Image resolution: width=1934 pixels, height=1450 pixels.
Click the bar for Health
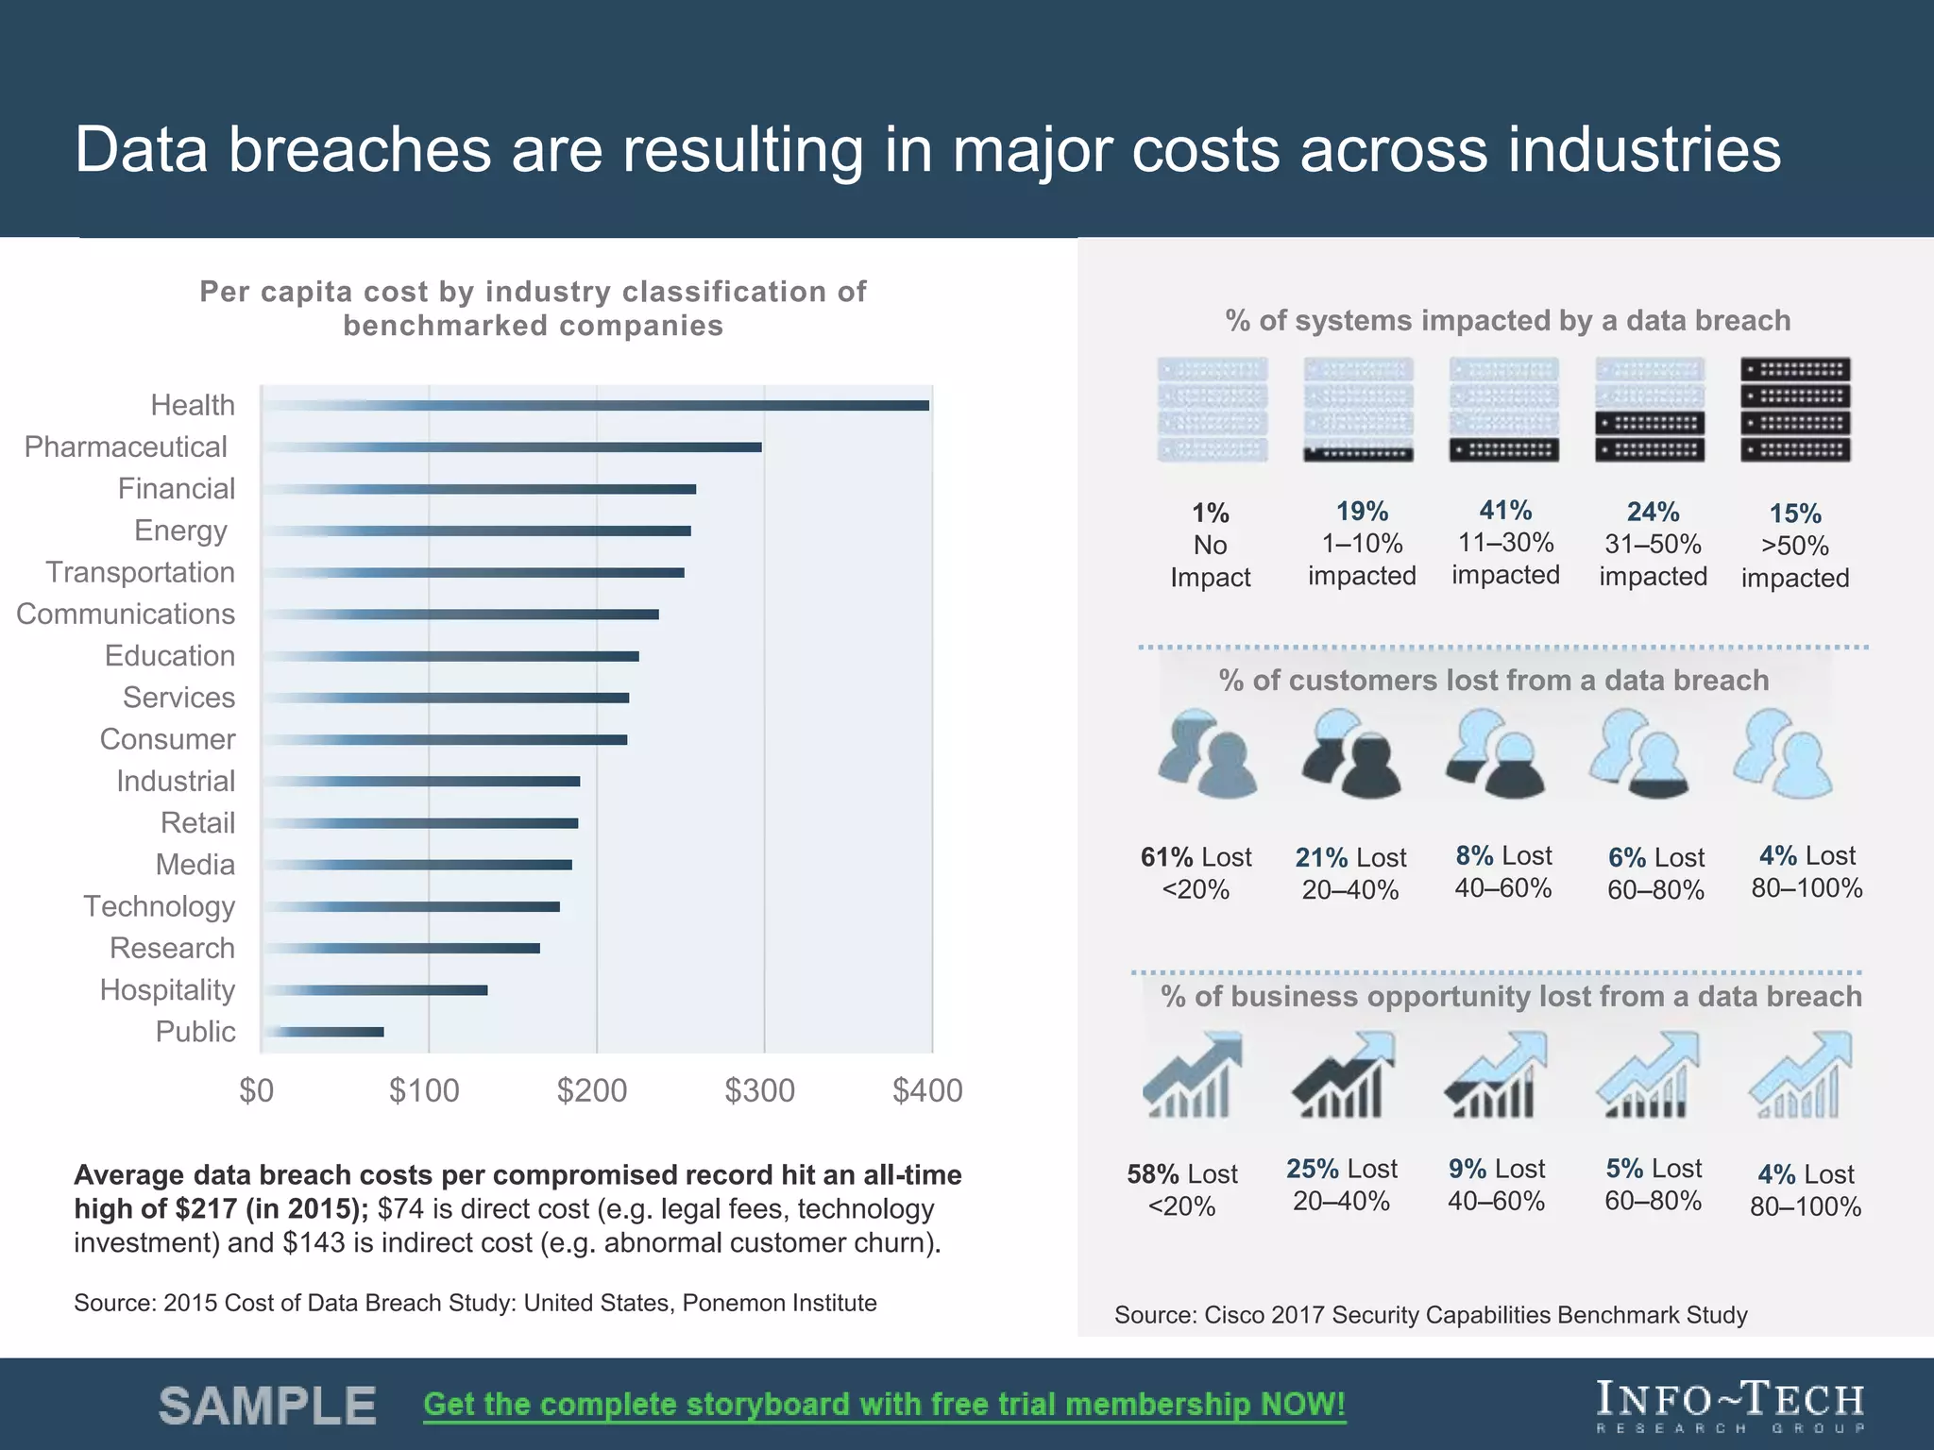pyautogui.click(x=595, y=405)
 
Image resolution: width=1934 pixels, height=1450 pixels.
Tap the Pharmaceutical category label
pyautogui.click(x=126, y=447)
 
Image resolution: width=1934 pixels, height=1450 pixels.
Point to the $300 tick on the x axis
pyautogui.click(x=760, y=1090)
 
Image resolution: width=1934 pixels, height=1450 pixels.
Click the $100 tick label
pyautogui.click(x=424, y=1090)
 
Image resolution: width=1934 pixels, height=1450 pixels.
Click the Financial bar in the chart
pyautogui.click(x=480, y=489)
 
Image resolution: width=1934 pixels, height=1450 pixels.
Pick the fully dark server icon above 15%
pyautogui.click(x=1795, y=410)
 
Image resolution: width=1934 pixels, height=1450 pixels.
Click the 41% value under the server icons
pyautogui.click(x=1505, y=511)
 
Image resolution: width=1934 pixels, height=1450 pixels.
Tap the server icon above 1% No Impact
pyautogui.click(x=1213, y=410)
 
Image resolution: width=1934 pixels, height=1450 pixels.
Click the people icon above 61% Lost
pyautogui.click(x=1207, y=753)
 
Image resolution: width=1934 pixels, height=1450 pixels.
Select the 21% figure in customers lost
pyautogui.click(x=1321, y=857)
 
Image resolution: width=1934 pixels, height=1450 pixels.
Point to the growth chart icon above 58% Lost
pyautogui.click(x=1193, y=1075)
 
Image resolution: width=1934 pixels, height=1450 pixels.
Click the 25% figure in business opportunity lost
pyautogui.click(x=1313, y=1169)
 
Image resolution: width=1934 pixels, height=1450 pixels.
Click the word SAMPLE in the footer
pyautogui.click(x=268, y=1406)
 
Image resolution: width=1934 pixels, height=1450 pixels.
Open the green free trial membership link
pyautogui.click(x=884, y=1405)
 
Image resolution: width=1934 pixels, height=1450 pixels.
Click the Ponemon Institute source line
pyautogui.click(x=475, y=1303)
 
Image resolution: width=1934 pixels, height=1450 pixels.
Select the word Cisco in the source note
pyautogui.click(x=1234, y=1315)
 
